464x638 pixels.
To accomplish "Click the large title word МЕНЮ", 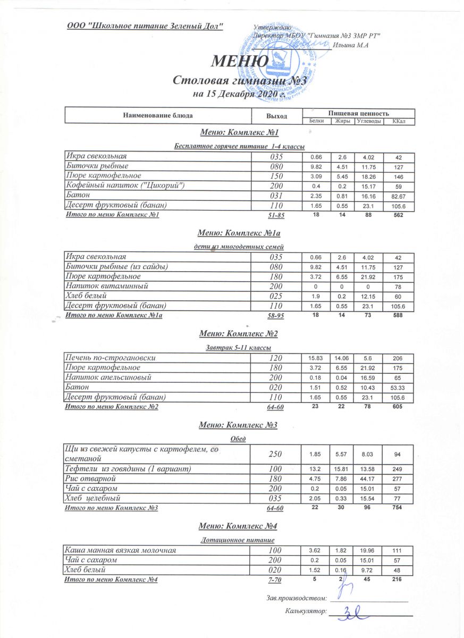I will [x=240, y=62].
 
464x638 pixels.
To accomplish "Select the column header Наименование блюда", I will [x=157, y=115].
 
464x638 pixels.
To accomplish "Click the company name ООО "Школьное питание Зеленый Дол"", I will [x=145, y=26].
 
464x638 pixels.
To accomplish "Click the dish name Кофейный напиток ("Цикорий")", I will [x=125, y=185].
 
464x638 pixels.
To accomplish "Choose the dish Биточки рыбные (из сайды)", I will [x=117, y=267].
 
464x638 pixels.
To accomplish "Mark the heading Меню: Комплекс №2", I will [x=239, y=334].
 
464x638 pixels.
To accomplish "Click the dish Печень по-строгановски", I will [x=110, y=358].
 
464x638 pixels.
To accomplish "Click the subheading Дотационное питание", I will [x=239, y=540].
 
